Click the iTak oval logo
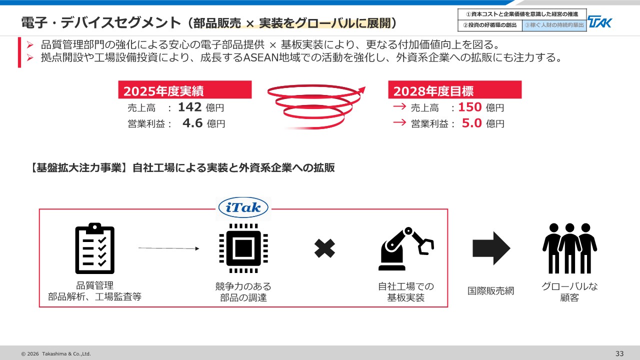tap(243, 207)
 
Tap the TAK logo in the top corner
tap(599, 21)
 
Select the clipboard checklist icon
tap(95, 248)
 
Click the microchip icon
tap(243, 248)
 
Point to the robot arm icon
tap(406, 249)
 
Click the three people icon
tap(569, 248)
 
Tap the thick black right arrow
tap(491, 248)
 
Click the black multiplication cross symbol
tap(324, 248)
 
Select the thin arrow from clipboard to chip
tap(169, 248)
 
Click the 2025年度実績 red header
tap(185, 89)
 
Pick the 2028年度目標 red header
tap(455, 89)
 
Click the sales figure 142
tap(189, 107)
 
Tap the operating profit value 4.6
tap(192, 123)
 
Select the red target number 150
tap(470, 107)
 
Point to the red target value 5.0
tap(471, 123)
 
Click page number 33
tap(619, 353)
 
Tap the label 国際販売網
tap(491, 291)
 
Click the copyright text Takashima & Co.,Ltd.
tap(66, 353)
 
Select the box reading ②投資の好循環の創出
tap(490, 25)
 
